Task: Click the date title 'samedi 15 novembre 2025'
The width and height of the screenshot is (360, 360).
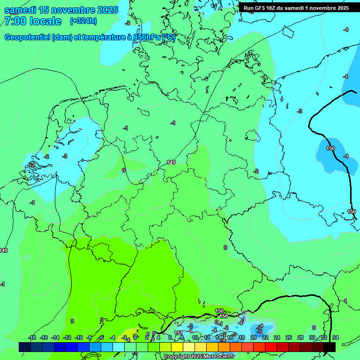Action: (61, 10)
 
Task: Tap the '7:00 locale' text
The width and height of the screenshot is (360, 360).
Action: (32, 21)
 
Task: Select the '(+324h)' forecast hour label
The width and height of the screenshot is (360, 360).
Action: (83, 21)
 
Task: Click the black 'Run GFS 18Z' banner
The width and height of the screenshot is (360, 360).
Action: (296, 7)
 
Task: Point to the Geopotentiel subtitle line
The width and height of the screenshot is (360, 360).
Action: (89, 37)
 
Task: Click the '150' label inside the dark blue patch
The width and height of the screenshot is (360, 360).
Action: (330, 148)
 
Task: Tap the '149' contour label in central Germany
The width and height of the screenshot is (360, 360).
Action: (171, 162)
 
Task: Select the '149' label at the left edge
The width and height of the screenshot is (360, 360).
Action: (4, 250)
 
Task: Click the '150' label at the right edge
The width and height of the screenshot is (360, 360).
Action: (352, 212)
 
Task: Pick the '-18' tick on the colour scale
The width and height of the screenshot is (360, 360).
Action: (32, 337)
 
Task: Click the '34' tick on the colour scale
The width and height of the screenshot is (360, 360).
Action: (336, 337)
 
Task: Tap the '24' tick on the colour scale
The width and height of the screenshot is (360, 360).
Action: (277, 337)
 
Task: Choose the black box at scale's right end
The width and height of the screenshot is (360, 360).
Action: (330, 347)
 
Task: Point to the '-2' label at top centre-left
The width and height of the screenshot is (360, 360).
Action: (127, 22)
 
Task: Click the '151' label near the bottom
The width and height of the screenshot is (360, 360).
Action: (179, 333)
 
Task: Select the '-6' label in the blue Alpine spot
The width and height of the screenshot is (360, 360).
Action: (259, 331)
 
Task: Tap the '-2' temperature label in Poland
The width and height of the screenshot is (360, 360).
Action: (256, 171)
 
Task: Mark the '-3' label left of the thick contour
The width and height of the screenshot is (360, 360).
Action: (300, 111)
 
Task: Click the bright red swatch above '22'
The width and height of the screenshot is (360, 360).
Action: (259, 347)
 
